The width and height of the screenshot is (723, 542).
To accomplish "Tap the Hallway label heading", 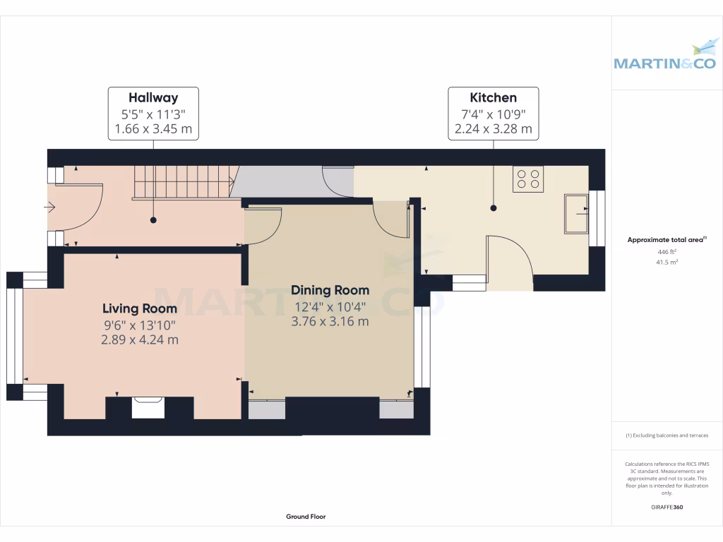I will point(153,98).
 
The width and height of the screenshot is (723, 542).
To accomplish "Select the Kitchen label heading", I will point(494,98).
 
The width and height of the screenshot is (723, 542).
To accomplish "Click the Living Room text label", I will point(140,308).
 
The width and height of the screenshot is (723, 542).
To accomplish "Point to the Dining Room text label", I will point(330,290).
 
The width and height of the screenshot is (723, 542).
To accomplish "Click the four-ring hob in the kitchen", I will point(528,179).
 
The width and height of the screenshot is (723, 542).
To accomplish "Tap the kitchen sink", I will point(575,212).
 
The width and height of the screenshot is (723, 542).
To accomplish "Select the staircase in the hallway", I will point(184,183).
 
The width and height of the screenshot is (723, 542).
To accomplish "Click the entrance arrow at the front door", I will point(49,207).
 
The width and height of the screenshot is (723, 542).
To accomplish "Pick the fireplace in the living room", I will point(148,407).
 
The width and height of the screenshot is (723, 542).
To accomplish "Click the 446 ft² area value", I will point(667,251).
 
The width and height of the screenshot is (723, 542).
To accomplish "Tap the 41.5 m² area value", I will point(667,262).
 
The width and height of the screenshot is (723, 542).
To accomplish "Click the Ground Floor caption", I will point(306,517).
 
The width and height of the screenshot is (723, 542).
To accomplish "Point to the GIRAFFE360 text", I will point(667,507).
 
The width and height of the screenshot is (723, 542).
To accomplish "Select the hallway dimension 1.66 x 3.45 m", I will point(153,130).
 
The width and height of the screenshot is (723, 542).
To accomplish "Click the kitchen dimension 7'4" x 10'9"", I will point(494,114).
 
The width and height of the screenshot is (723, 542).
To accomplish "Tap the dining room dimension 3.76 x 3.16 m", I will point(330,321).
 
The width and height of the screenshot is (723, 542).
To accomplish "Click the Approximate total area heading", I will point(667,240).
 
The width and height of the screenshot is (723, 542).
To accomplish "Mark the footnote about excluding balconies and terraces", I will point(667,435).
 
